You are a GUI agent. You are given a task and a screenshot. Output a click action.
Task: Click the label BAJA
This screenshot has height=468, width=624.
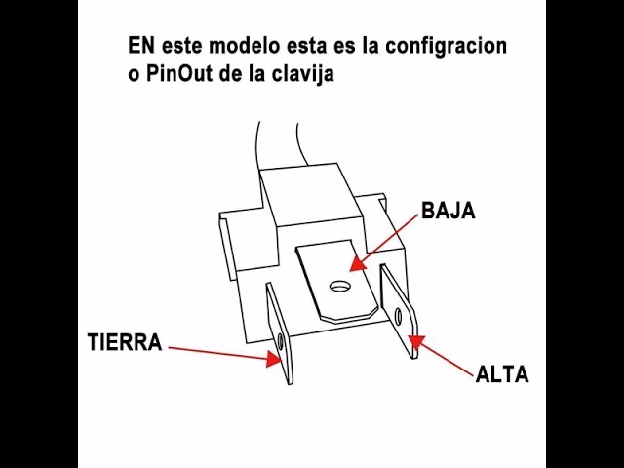pos(448,212)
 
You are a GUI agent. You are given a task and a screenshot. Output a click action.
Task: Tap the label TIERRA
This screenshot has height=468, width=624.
pos(124,343)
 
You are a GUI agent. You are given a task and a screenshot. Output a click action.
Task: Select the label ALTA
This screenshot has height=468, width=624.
pos(502,374)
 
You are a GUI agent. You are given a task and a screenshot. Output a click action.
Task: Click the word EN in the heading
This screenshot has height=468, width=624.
pos(141,46)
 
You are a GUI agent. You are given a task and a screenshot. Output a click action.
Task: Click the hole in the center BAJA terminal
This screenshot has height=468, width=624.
pos(340,288)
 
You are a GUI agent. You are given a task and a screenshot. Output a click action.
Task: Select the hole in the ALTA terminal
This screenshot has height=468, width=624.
pos(400,314)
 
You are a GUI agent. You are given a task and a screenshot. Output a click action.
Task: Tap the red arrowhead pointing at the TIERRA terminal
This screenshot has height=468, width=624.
pos(275,359)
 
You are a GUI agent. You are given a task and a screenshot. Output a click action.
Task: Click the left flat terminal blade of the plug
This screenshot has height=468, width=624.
pos(280,331)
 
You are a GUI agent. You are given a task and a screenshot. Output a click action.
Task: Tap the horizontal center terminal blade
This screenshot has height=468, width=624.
pos(337,283)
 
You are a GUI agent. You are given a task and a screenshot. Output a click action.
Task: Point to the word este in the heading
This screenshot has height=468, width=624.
pos(186,46)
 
